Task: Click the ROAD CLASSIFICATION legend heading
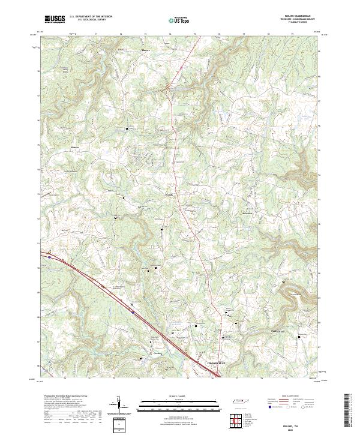pos(289,397)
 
